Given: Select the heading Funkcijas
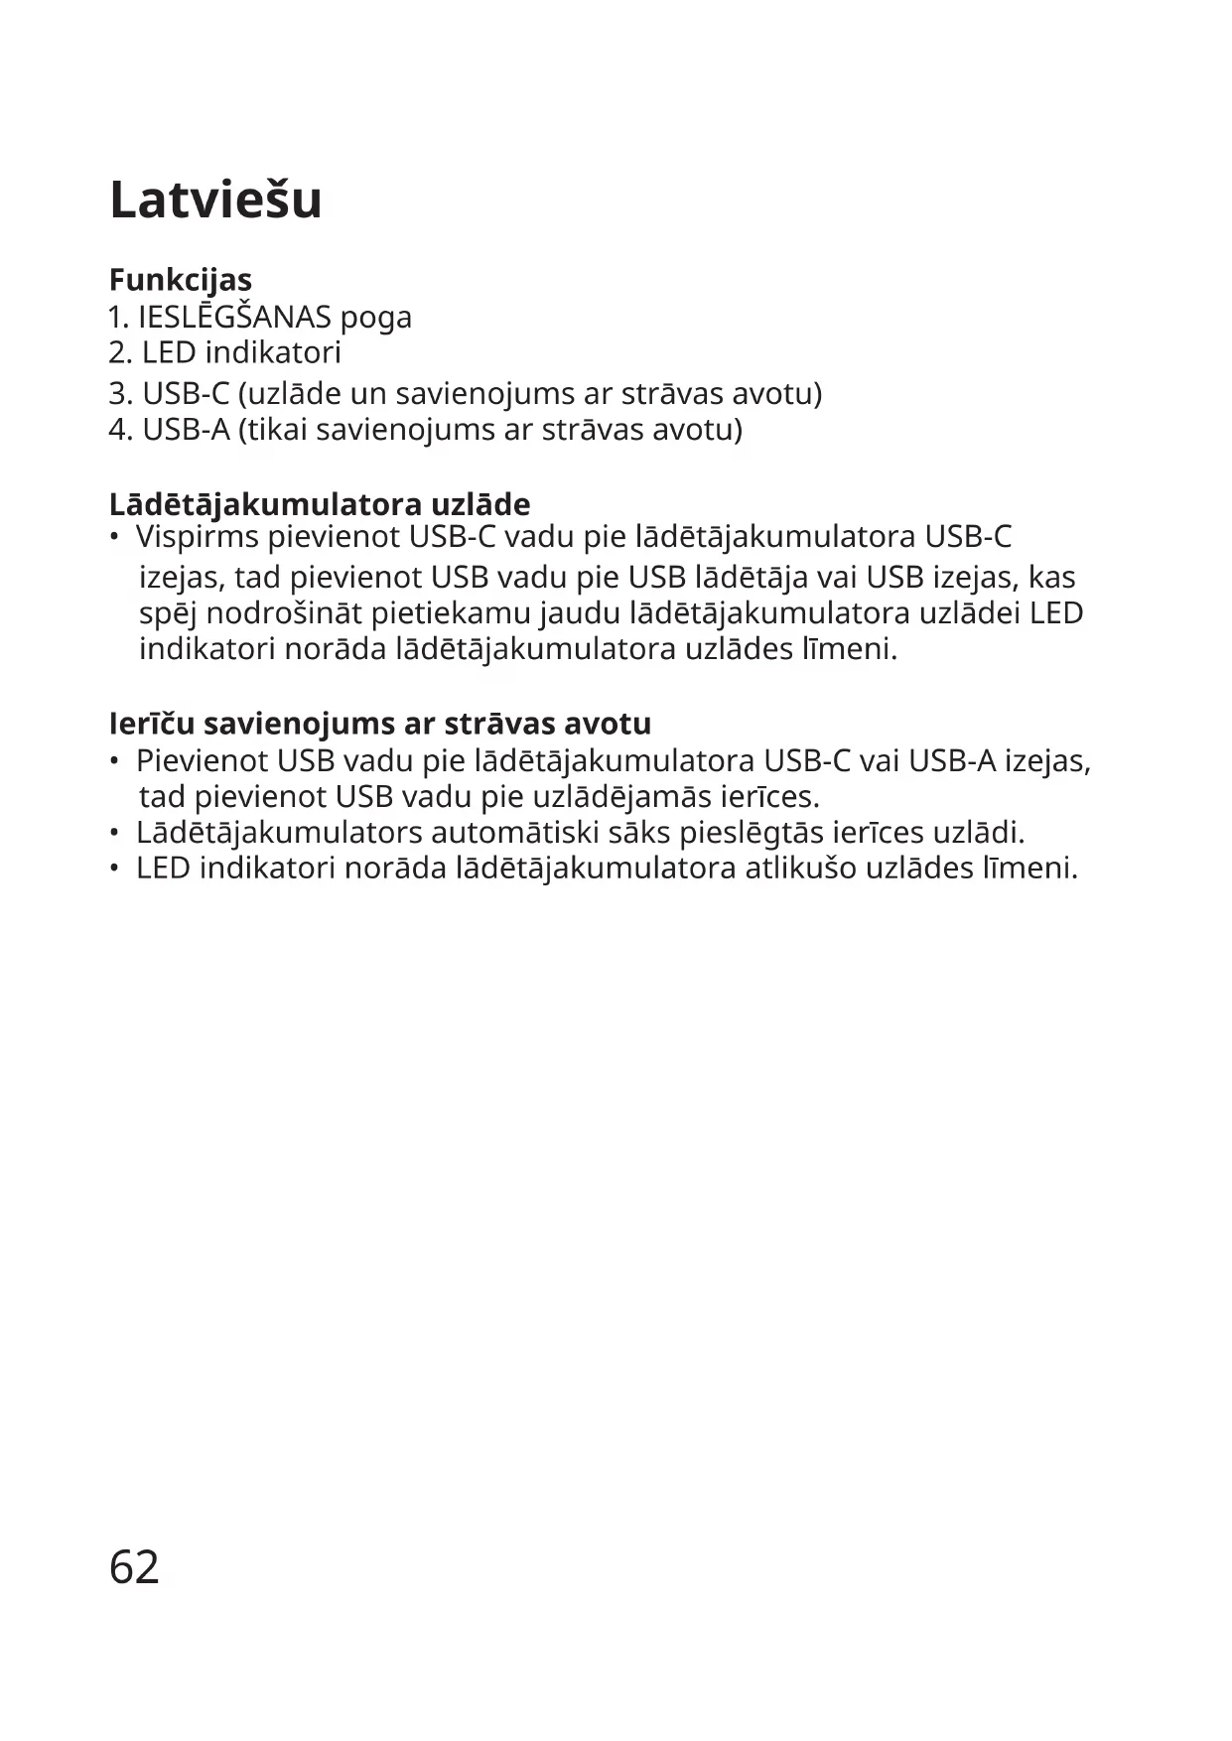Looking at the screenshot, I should pos(180,280).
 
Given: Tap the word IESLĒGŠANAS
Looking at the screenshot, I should pos(234,318).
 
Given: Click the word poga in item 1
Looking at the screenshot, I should pos(375,320).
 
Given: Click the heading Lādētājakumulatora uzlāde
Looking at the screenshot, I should pos(319,504).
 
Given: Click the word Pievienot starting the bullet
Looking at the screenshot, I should pos(202,761).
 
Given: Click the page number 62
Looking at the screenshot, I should pos(134,1567).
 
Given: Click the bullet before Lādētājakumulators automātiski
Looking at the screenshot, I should pos(115,833).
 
